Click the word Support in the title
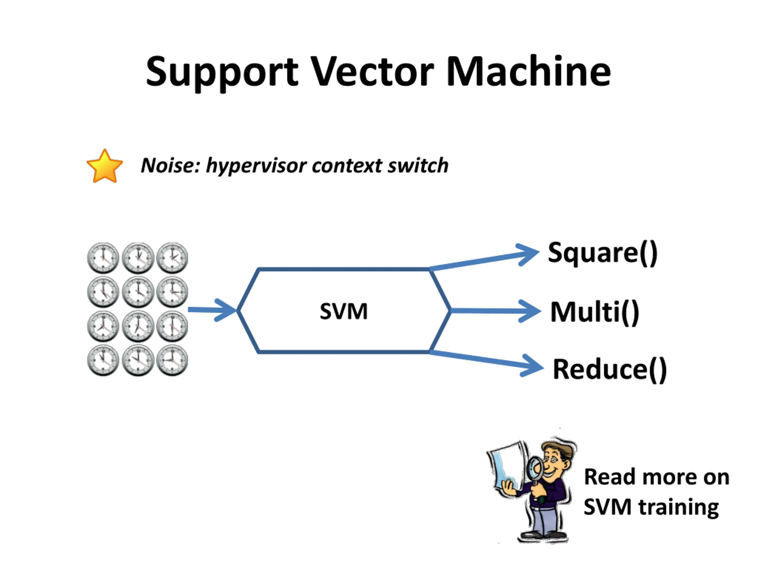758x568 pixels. pos(222,72)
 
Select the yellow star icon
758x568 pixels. pos(105,166)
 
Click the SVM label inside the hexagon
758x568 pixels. pos(344,311)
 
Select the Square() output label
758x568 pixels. pos(603,253)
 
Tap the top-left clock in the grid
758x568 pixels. pos(103,258)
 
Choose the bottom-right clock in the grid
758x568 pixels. pos(172,361)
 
